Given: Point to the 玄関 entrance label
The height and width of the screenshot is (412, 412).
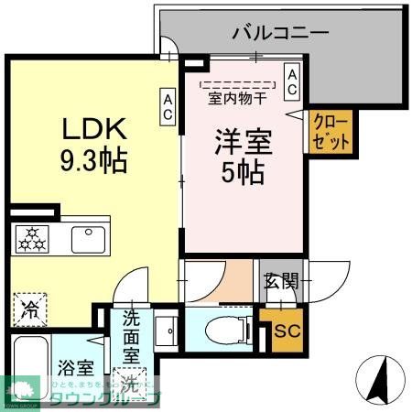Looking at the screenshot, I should (x=282, y=281).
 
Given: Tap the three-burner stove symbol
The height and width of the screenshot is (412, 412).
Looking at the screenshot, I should (x=35, y=238).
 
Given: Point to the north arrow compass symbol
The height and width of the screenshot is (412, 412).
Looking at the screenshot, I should (x=383, y=376).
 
